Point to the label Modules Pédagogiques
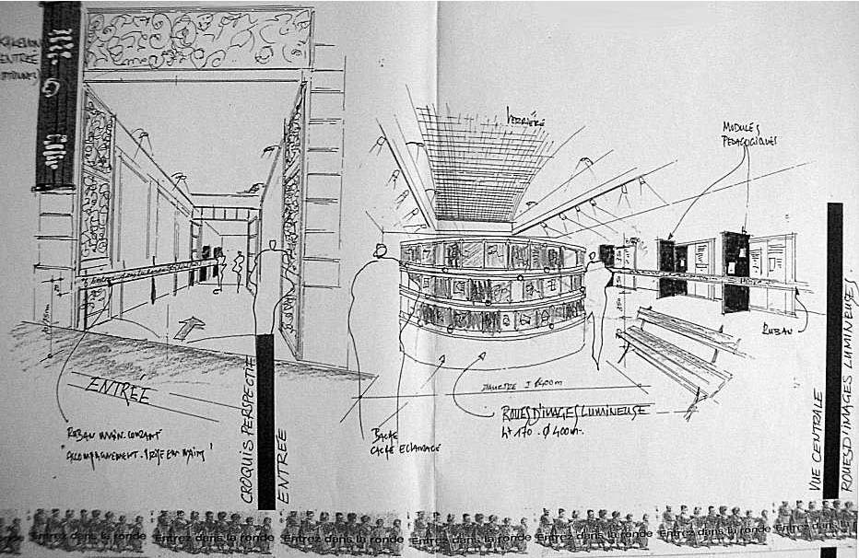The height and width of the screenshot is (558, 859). click(x=748, y=134)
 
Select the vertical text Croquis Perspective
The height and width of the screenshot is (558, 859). click(x=247, y=429)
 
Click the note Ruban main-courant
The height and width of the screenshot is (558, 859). click(x=101, y=434)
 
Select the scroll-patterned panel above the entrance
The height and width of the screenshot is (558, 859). click(x=198, y=40)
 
